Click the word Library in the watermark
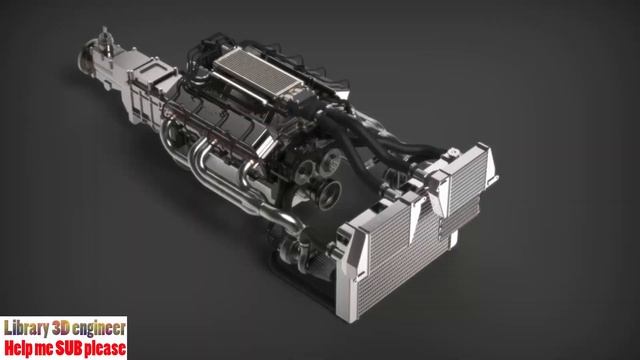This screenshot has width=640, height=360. [x=28, y=328]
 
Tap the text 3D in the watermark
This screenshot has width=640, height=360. [x=66, y=328]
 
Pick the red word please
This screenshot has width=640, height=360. [x=106, y=349]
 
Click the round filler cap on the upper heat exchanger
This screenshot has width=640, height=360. [x=451, y=151]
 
